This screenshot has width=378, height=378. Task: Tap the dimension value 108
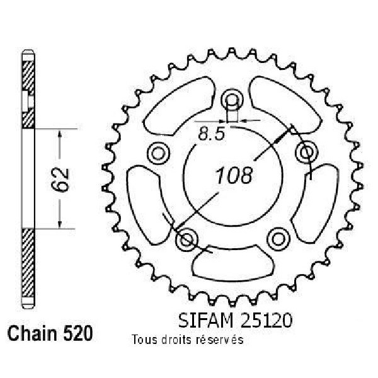tap(234, 175)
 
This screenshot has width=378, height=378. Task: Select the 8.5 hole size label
tap(211, 134)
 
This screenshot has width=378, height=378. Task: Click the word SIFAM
tap(207, 321)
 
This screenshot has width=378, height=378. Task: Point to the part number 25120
tap(266, 321)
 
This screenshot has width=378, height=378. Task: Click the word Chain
tap(32, 333)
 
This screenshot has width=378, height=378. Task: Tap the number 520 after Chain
tap(77, 333)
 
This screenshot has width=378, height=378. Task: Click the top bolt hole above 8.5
tap(232, 99)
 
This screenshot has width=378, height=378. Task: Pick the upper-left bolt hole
tap(158, 154)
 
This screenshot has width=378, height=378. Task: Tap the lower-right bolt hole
tap(278, 239)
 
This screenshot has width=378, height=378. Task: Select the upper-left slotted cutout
tap(180, 106)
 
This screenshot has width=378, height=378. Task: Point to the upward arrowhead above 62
tap(60, 134)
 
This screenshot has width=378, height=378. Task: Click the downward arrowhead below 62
tap(60, 224)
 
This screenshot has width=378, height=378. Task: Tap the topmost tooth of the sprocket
tap(231, 52)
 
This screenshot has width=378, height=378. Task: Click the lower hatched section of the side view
tap(28, 263)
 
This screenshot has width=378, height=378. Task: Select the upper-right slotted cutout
tap(285, 105)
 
